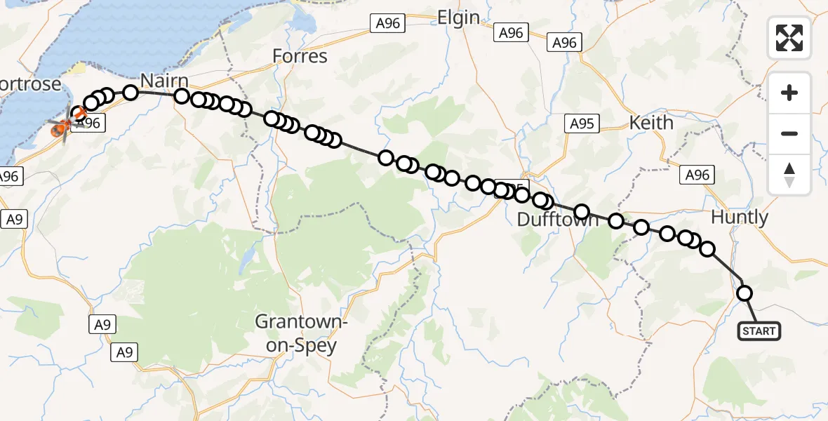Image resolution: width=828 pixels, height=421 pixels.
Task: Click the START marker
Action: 759,331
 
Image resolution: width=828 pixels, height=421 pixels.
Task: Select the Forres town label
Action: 300,56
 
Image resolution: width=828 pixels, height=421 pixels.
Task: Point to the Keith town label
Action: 651,123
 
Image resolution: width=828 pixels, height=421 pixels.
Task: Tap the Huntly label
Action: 740,218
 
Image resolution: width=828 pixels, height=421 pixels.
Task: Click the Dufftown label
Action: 557,220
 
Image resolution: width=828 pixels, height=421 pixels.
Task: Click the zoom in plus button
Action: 789,93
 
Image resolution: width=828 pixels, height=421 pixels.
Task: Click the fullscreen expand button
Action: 789,37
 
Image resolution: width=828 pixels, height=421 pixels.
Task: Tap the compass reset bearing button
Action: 789,174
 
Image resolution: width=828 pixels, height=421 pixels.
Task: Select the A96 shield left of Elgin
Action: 387,23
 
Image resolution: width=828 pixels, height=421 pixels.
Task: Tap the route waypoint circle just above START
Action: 744,293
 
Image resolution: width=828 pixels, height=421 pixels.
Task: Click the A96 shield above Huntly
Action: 697,175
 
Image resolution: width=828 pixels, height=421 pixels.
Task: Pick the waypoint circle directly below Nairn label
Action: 182,97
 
